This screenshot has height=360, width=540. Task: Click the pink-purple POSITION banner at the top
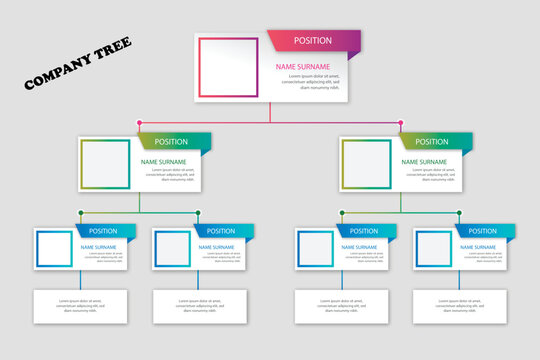pyautogui.click(x=312, y=40)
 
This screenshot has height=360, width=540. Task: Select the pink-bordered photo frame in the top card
pyautogui.click(x=229, y=67)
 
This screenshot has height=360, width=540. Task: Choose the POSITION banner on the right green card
pyautogui.click(x=433, y=141)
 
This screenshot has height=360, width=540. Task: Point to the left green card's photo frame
pyautogui.click(x=105, y=164)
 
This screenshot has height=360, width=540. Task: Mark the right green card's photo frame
pyautogui.click(x=367, y=164)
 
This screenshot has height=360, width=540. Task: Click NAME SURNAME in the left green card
pyautogui.click(x=162, y=161)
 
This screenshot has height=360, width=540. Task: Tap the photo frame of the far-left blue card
pyautogui.click(x=53, y=249)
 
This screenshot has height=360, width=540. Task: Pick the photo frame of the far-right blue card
pyautogui.click(x=434, y=249)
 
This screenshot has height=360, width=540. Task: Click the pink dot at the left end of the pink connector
pyautogui.click(x=139, y=123)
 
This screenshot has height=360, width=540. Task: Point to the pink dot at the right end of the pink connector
pyautogui.click(x=401, y=123)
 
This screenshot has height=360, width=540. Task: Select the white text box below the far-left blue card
pyautogui.click(x=80, y=305)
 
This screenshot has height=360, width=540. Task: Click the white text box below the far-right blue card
pyautogui.click(x=460, y=305)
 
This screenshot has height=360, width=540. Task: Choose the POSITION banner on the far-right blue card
pyautogui.click(x=482, y=231)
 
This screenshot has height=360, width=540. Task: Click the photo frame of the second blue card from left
pyautogui.click(x=172, y=249)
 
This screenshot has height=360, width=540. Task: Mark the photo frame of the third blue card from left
pyautogui.click(x=315, y=249)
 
